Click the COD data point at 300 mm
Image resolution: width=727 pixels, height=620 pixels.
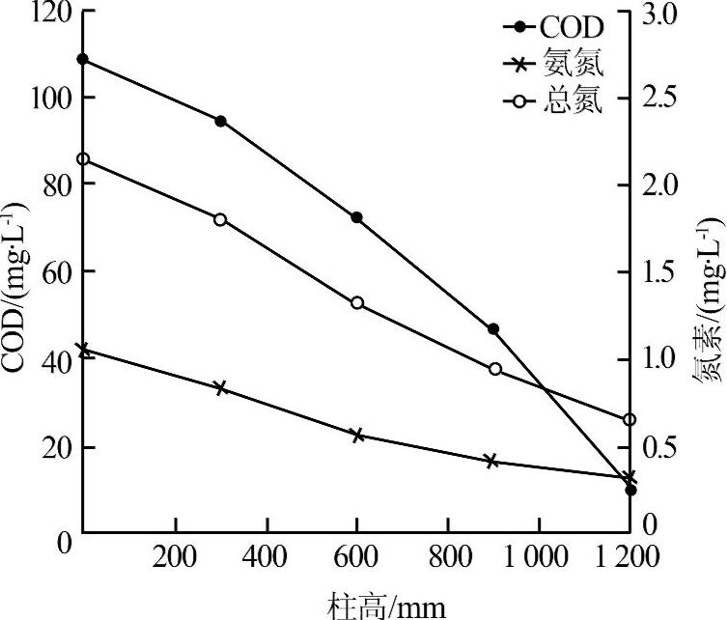point(220,121)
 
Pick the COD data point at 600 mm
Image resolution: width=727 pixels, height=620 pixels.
point(356,218)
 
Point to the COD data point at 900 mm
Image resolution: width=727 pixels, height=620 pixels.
point(493,329)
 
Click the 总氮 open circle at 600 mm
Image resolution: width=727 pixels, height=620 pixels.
point(356,303)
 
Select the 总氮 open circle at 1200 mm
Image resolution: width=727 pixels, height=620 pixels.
point(629,419)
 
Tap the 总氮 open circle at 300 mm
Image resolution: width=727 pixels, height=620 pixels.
point(220,219)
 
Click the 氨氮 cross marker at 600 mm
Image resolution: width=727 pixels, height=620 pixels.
point(356,436)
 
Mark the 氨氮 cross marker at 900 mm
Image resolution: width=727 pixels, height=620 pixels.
point(493,462)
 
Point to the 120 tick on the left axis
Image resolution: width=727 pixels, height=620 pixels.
point(45,14)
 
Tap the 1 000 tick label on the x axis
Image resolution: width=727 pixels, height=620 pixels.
point(535,558)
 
